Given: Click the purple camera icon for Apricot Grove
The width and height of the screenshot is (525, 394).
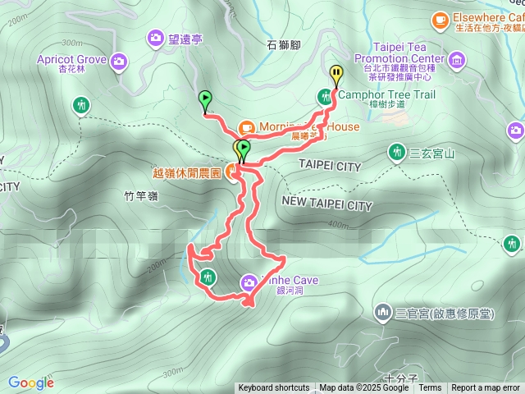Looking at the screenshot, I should [x=120, y=60].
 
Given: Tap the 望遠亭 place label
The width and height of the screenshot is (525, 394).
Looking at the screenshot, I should [x=185, y=37].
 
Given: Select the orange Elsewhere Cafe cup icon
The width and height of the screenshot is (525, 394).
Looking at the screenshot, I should [x=440, y=17].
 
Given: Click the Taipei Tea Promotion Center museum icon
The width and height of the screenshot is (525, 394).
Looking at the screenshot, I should [x=457, y=59].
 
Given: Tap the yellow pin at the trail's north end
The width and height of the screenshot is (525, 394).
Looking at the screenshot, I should [x=336, y=75].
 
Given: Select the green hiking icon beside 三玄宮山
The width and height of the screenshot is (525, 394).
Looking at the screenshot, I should [x=397, y=152].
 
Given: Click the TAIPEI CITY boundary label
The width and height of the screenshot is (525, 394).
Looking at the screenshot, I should [x=329, y=167].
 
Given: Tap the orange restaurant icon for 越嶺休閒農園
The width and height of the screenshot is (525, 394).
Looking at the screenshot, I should [x=233, y=172].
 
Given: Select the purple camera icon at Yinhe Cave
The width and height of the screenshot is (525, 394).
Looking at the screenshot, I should [x=248, y=284].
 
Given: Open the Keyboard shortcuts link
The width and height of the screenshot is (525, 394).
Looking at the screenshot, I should [x=274, y=388].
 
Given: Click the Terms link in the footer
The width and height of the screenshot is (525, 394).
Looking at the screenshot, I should [x=430, y=388].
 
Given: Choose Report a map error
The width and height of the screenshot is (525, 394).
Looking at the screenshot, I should [x=486, y=388].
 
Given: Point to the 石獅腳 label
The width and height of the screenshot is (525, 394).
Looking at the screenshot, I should [x=285, y=46].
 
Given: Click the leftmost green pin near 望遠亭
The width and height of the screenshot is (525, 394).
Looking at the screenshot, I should [x=204, y=99].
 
